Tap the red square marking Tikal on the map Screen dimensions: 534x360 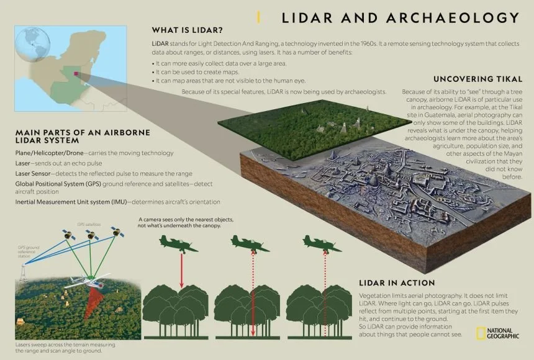point(76,73)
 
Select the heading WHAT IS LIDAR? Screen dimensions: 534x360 point(187,30)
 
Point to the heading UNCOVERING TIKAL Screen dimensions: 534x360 point(477,79)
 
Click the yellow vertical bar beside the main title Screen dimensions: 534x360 point(258,17)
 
